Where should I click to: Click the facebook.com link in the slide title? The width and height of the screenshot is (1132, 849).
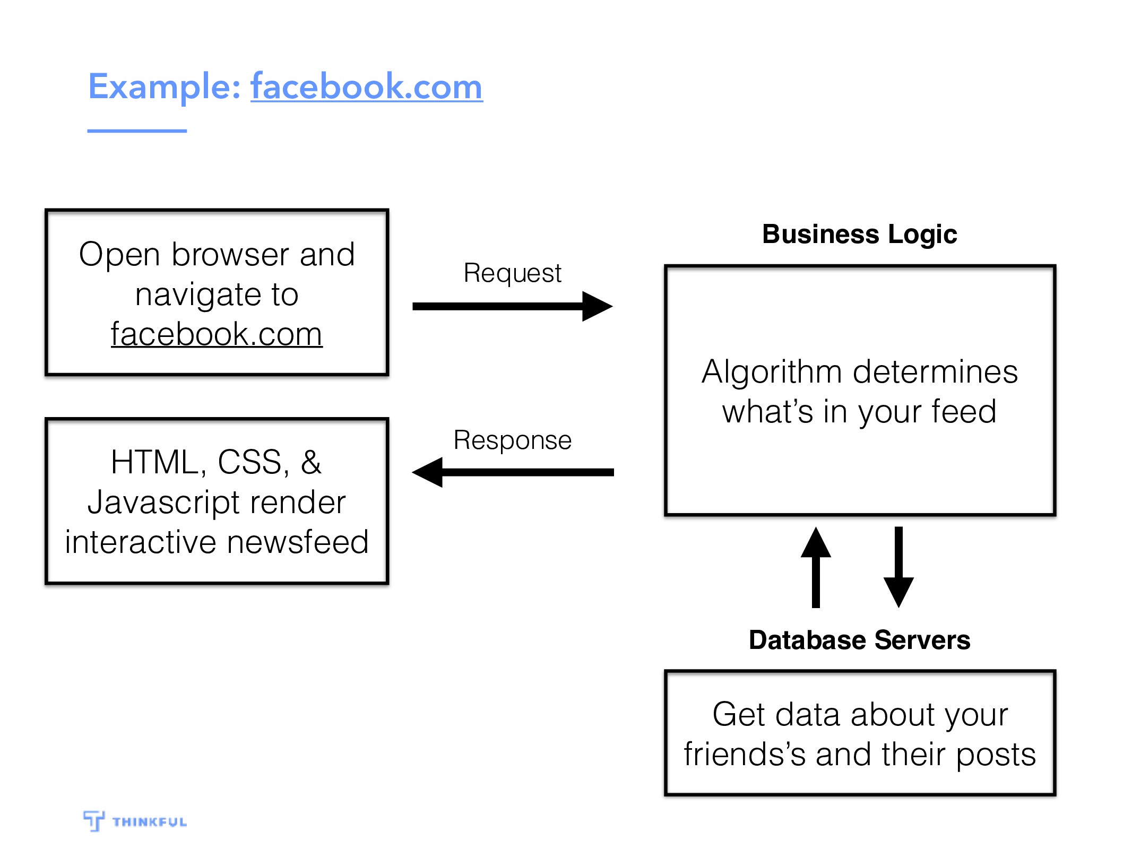pyautogui.click(x=367, y=86)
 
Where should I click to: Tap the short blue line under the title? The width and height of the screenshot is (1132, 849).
pyautogui.click(x=137, y=131)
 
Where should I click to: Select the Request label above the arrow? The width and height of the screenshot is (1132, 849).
pyautogui.click(x=512, y=274)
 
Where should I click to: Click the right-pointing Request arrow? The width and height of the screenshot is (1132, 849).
pyautogui.click(x=513, y=306)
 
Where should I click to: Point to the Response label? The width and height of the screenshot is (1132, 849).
pyautogui.click(x=513, y=440)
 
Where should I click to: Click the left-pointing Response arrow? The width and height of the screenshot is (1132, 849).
pyautogui.click(x=513, y=472)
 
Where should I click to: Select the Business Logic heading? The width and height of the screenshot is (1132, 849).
pyautogui.click(x=860, y=235)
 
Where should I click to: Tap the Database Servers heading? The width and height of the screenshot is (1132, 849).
pyautogui.click(x=860, y=640)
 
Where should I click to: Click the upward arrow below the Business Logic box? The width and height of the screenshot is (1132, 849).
pyautogui.click(x=816, y=567)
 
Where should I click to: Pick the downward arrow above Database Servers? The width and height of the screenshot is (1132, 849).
pyautogui.click(x=898, y=567)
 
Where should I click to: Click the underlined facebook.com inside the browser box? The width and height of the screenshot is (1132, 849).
pyautogui.click(x=217, y=334)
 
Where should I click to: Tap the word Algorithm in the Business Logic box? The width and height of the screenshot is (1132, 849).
pyautogui.click(x=772, y=372)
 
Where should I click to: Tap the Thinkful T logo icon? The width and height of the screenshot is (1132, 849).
pyautogui.click(x=93, y=821)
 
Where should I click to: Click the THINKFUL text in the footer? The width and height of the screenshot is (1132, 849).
pyautogui.click(x=150, y=822)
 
